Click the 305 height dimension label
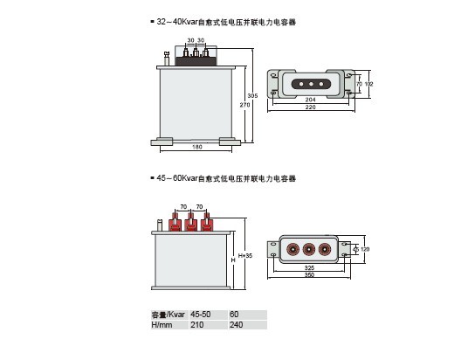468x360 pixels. pos(252,95)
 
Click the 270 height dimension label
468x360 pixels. pos(244,105)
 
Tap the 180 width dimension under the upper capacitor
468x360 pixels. pos(197,147)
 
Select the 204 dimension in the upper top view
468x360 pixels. pos(311,100)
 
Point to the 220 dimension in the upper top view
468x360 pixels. pos(311,107)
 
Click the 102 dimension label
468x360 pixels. pos(369,84)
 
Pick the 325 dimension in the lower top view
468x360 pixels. pos(309,267)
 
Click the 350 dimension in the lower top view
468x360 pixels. pos(309,274)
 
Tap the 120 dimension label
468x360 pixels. pos(365,249)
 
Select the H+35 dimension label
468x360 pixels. pos(245,256)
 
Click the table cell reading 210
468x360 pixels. pos(197,325)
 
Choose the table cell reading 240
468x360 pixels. pos(236,325)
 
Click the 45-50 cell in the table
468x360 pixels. pos(201,315)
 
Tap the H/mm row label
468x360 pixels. pos(162,325)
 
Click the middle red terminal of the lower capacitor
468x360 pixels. pos(190,222)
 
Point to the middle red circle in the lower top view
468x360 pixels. pos(308,249)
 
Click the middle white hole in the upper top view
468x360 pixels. pos(311,84)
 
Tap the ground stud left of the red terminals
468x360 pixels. pos(160,225)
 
